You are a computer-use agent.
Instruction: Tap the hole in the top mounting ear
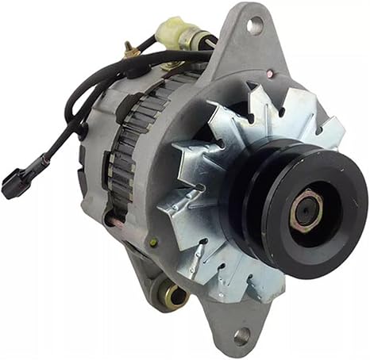pyautogui.click(x=254, y=26)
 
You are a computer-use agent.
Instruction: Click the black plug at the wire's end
pyautogui.click(x=13, y=185)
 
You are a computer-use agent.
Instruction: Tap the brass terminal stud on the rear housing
pyautogui.click(x=127, y=51)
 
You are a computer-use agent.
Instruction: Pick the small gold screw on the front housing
pyautogui.click(x=153, y=243)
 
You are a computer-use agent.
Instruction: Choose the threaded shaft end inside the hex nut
pyautogui.click(x=306, y=212)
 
